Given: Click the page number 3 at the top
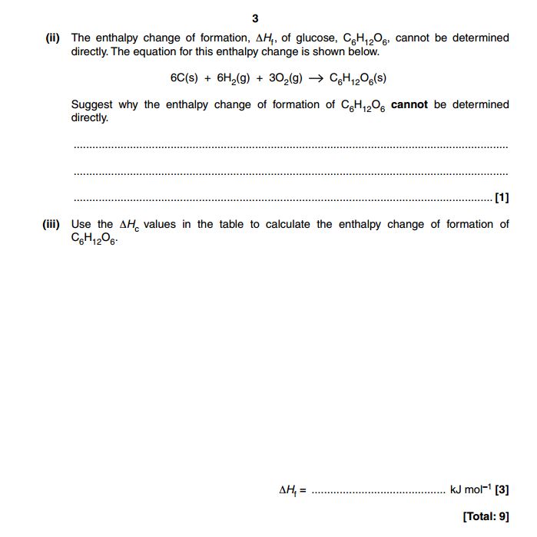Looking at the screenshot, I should tap(255, 18).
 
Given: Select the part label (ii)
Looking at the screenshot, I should tap(53, 38).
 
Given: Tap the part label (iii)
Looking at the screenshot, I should tap(51, 224).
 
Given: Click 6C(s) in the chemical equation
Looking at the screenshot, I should tap(184, 78).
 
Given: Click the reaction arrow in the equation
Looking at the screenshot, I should tap(317, 78).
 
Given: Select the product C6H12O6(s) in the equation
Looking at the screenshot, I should tap(357, 78).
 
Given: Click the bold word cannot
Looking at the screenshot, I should tap(409, 104).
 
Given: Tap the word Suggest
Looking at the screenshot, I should tap(93, 104).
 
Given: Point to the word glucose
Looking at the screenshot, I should tap(313, 38).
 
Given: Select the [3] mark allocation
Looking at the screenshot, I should tap(502, 489).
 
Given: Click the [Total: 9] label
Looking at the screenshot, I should tap(486, 516).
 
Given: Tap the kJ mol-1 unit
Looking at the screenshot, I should tap(470, 489).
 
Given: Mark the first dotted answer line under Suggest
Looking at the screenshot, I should tap(290, 146).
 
